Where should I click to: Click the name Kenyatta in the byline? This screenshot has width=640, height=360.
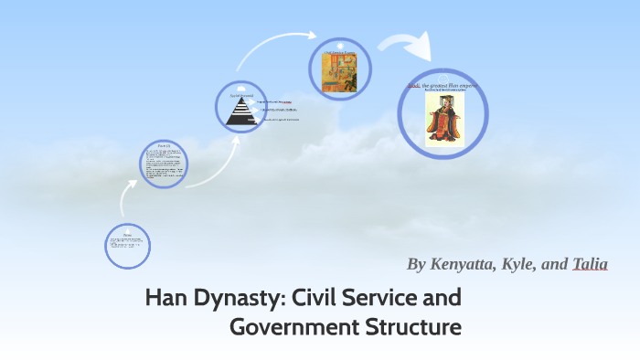(466, 264)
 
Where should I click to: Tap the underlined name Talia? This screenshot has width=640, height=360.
(590, 264)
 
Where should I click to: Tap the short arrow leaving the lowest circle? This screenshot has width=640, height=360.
(125, 194)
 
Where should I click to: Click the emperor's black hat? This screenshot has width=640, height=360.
(444, 101)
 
